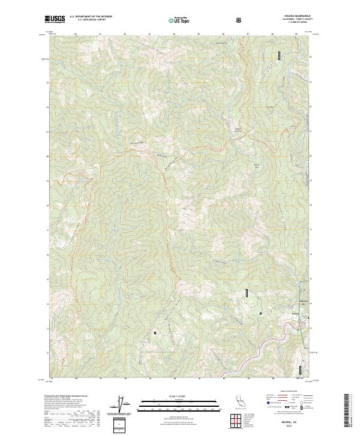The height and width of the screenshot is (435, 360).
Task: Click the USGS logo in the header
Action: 55,20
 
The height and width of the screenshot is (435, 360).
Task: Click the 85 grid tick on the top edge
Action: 173,34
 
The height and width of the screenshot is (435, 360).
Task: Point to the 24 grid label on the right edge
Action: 310,57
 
